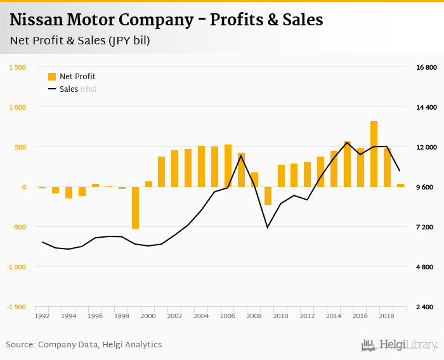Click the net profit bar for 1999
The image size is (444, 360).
(x=135, y=208)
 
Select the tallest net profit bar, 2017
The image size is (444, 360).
(x=374, y=154)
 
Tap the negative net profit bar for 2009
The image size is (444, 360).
(x=268, y=196)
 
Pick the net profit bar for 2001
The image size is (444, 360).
(x=162, y=172)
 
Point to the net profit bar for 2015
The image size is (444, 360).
(x=348, y=164)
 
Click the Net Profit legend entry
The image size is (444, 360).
(x=72, y=77)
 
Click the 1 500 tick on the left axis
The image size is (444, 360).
(x=17, y=67)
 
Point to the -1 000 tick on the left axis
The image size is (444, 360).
(x=16, y=267)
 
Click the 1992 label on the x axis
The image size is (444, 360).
(x=42, y=316)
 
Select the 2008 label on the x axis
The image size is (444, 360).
(x=254, y=316)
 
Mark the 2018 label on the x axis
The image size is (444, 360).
(x=387, y=316)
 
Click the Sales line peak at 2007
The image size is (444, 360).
(x=241, y=156)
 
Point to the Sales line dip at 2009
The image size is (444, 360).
(x=268, y=227)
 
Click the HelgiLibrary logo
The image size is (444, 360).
(x=400, y=345)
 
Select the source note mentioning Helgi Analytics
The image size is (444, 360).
(x=84, y=345)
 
